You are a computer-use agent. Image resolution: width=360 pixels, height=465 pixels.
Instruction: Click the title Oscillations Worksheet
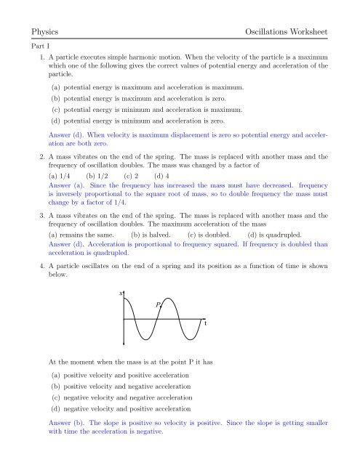[287, 33]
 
